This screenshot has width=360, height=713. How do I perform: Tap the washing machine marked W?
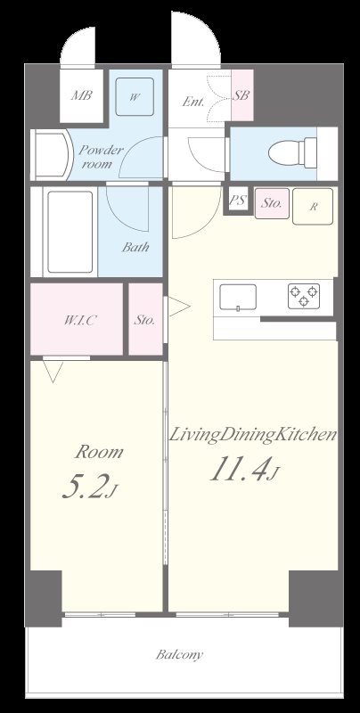pyautogui.click(x=133, y=98)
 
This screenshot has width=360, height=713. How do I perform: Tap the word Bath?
pyautogui.click(x=135, y=248)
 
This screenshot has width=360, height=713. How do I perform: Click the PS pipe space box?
pyautogui.click(x=237, y=201)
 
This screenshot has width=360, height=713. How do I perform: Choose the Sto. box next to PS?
pyautogui.click(x=272, y=204)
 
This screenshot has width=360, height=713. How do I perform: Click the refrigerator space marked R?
pyautogui.click(x=314, y=206)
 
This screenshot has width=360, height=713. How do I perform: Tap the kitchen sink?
pyautogui.click(x=238, y=298)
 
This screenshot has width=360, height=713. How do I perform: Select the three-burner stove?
pyautogui.click(x=303, y=296)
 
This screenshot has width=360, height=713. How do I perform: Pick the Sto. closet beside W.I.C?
pyautogui.click(x=144, y=319)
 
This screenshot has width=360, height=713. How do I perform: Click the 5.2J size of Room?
pyautogui.click(x=89, y=488)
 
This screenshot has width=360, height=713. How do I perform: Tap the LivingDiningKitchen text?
pyautogui.click(x=252, y=436)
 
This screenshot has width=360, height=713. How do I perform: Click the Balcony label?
pyautogui.click(x=179, y=655)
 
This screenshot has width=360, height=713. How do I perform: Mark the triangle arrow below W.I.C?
pyautogui.click(x=53, y=369)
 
